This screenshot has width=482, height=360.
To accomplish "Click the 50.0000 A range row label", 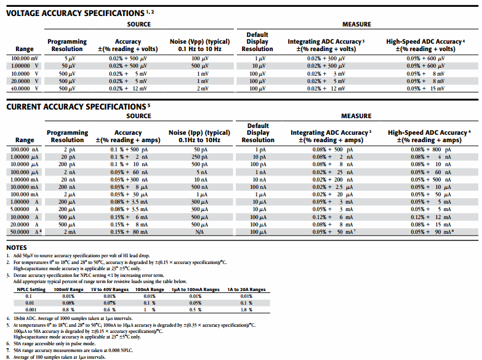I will (25, 231).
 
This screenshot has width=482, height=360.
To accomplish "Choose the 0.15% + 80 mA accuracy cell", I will (129, 231).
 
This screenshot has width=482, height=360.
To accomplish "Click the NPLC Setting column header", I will (31, 289).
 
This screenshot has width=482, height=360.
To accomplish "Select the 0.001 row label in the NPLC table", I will (28, 310).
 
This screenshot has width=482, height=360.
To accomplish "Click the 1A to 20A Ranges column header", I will (246, 289).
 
